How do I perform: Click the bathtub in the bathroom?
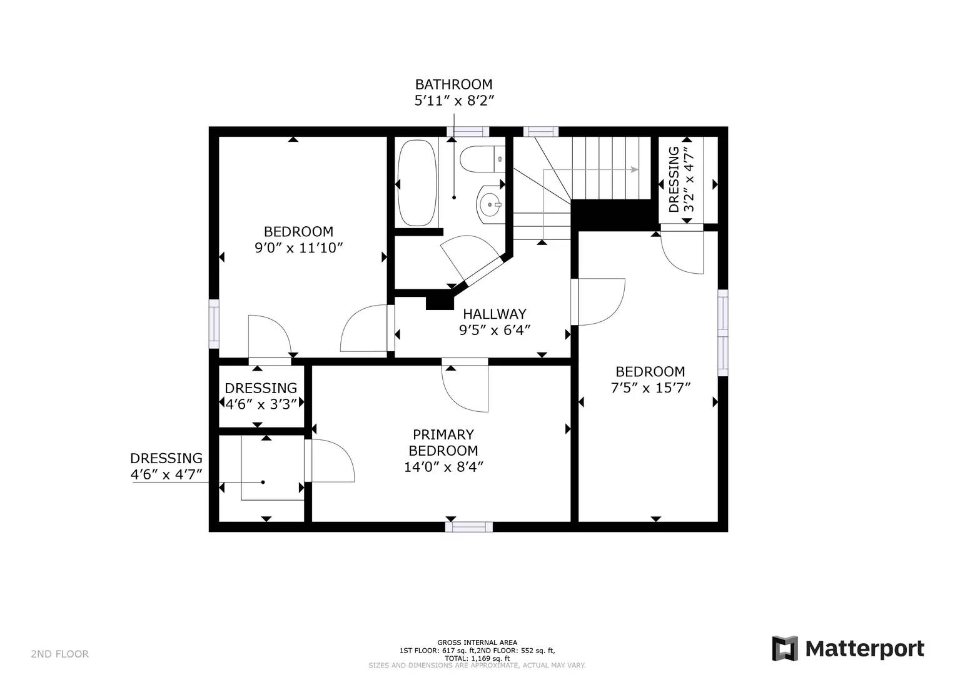point(417,182)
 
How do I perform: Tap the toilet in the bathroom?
point(482,158)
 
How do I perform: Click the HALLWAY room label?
point(494,314)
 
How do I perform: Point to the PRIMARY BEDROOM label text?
point(443,442)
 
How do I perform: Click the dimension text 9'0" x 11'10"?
point(299,248)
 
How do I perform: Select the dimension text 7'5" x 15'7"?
point(650,388)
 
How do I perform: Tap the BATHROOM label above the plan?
point(453,84)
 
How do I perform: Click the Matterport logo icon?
point(785,649)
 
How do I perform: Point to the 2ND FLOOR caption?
point(59,654)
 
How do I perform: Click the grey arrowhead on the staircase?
point(634,169)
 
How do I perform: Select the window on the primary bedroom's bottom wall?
point(469,527)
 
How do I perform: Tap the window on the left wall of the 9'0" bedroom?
point(214,324)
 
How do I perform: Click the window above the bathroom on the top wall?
point(468,131)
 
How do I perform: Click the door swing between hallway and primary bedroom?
point(466,387)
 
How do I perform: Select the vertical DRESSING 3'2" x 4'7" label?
point(681,179)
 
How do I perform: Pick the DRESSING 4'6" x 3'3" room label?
point(261,396)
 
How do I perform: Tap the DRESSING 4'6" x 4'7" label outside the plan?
point(166,467)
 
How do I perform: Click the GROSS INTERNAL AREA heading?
point(477,642)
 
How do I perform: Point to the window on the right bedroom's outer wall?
point(722,332)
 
